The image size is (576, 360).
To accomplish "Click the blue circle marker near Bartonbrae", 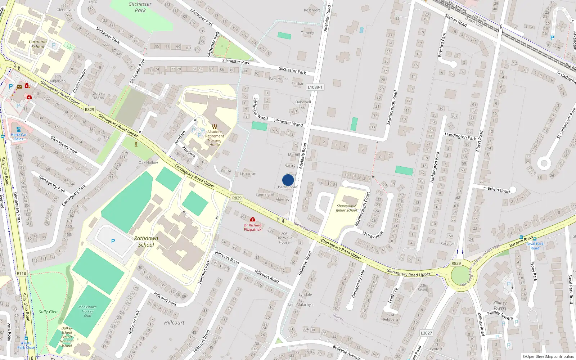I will (x=288, y=180).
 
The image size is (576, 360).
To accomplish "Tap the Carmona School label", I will (x=38, y=44).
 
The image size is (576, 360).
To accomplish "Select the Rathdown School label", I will (x=146, y=242).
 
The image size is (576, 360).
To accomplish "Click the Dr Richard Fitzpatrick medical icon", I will (x=253, y=219).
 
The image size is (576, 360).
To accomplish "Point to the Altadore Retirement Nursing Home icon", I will (x=215, y=126).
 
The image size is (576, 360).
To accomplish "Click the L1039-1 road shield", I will (x=315, y=87).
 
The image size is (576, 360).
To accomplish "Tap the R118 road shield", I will (x=21, y=273).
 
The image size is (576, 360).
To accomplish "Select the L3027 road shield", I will (x=426, y=333).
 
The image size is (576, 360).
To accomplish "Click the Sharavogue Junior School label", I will (x=346, y=208).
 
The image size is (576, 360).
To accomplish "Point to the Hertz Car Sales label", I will (x=19, y=137).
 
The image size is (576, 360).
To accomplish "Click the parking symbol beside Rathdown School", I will (x=113, y=241).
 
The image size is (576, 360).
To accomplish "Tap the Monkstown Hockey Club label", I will (x=87, y=311).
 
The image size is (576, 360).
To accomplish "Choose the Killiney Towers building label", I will (x=500, y=306).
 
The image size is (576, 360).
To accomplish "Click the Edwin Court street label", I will (x=499, y=190).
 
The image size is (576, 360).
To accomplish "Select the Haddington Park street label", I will (x=460, y=136).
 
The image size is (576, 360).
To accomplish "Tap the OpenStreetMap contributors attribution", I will (x=548, y=356).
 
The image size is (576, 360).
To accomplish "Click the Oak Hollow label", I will (x=148, y=162).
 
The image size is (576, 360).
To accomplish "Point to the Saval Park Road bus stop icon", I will (x=535, y=239).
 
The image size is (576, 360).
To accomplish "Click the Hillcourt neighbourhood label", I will (x=174, y=323).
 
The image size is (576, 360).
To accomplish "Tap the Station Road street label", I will (x=456, y=21).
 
